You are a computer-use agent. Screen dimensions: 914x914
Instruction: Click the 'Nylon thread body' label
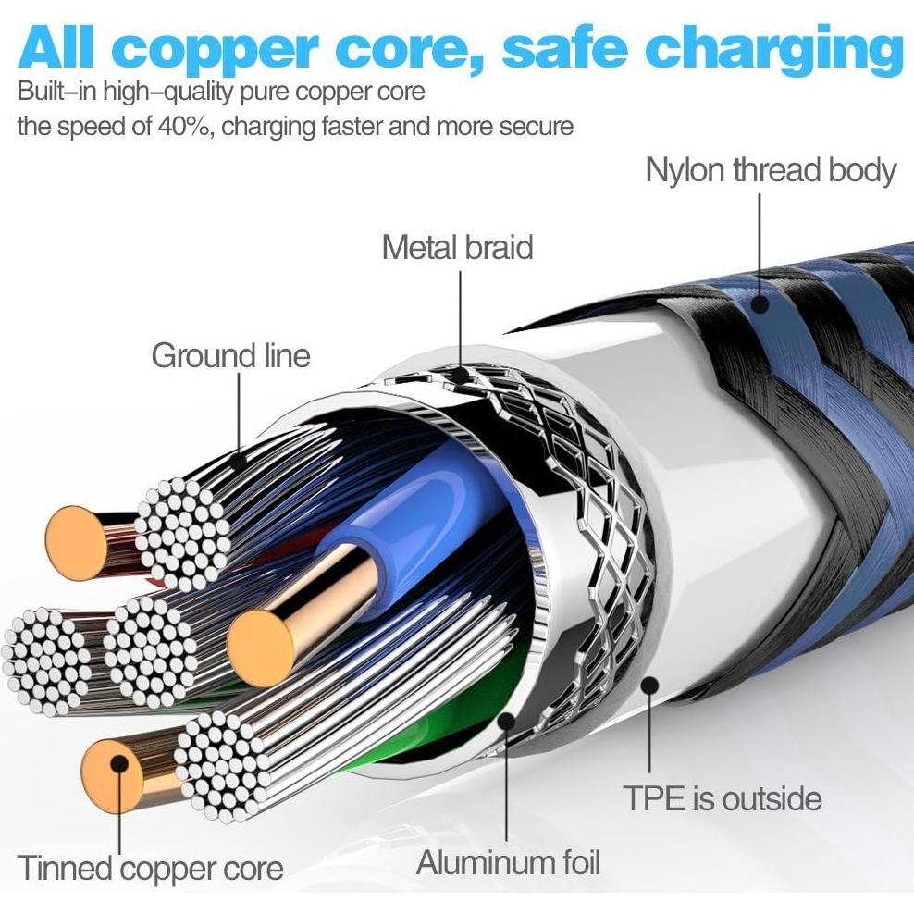coord(770,172)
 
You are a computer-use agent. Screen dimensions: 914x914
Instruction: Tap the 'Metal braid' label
coord(457,248)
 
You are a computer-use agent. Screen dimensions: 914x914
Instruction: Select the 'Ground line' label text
coord(231,356)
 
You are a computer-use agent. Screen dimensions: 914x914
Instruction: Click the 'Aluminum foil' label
coord(508,862)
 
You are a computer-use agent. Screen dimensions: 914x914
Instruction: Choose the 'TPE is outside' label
coord(723,798)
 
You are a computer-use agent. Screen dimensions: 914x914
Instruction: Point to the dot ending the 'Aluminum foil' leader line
coord(506,723)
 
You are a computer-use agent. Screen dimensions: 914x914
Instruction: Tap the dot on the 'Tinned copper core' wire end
coord(119,764)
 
